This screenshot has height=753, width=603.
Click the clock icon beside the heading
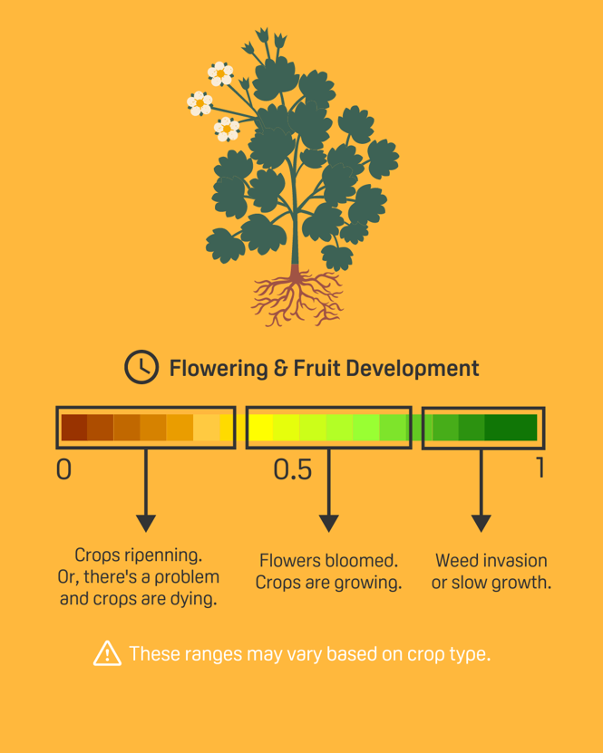point(141,367)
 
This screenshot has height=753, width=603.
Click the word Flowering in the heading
point(219,369)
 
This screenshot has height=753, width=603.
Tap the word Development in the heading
point(413,369)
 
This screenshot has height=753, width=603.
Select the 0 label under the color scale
point(63,469)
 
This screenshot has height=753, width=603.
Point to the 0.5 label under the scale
point(293,469)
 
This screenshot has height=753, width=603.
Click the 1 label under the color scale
point(540,468)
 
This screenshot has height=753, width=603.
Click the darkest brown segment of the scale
point(74,428)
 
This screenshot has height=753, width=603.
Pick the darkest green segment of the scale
point(511,428)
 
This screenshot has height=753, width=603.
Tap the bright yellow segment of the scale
point(259,428)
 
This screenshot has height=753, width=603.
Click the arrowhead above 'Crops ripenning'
point(146,523)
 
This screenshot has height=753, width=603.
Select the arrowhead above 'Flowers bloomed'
point(328,523)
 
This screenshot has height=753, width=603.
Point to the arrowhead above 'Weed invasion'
point(481,523)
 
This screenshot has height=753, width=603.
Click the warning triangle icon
point(107,653)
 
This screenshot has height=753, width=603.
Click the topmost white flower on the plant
point(220,73)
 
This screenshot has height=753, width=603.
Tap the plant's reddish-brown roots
point(297,295)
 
